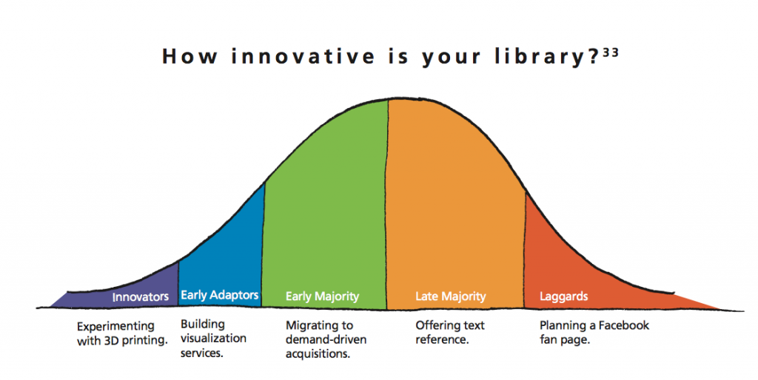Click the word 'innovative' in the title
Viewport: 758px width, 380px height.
pos(303,56)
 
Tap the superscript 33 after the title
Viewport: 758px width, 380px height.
pos(611,52)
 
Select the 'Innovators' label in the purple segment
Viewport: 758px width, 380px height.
pos(140,296)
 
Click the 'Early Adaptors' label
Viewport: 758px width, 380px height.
pos(219,295)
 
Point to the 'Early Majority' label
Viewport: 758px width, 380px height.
pos(323,296)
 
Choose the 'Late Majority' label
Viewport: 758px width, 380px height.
pos(451,296)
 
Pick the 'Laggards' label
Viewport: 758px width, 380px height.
pos(563,296)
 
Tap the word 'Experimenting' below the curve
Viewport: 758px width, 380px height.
pos(115,327)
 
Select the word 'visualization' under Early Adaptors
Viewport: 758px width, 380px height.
pos(213,339)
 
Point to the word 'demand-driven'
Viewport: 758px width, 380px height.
pos(326,339)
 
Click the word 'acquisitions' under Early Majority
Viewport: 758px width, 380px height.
pos(317,354)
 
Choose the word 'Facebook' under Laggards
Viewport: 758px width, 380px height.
pos(623,325)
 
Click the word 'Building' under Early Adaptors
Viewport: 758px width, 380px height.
pos(203,325)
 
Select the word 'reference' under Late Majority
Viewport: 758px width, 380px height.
pos(441,339)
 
